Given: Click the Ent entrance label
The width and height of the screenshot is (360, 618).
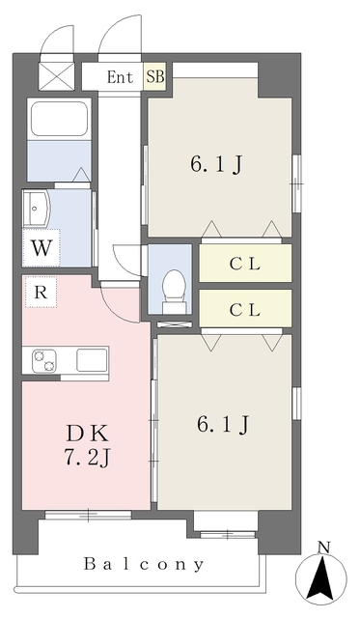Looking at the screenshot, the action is pyautogui.click(x=120, y=77).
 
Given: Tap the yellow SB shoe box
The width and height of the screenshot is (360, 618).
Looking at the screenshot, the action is pyautogui.click(x=154, y=76).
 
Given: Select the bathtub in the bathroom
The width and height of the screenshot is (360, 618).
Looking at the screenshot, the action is pyautogui.click(x=59, y=119).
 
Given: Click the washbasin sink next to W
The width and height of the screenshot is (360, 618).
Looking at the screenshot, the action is pyautogui.click(x=37, y=209).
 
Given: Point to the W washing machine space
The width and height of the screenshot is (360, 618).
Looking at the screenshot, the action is pyautogui.click(x=42, y=248).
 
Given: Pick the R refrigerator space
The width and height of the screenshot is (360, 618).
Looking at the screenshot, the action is pyautogui.click(x=41, y=292).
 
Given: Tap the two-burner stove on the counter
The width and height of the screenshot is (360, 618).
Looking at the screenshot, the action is pyautogui.click(x=44, y=361).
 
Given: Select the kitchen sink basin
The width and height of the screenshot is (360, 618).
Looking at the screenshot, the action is pyautogui.click(x=92, y=360).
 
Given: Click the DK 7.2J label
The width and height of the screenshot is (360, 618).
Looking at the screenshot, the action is pyautogui.click(x=87, y=445).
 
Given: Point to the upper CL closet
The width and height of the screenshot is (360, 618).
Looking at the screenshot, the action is pyautogui.click(x=245, y=264).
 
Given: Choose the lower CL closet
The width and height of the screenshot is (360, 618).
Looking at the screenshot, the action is pyautogui.click(x=245, y=309).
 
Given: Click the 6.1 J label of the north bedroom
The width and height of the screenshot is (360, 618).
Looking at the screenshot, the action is pyautogui.click(x=216, y=165).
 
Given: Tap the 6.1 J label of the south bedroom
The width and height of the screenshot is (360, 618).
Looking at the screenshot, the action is pyautogui.click(x=223, y=425).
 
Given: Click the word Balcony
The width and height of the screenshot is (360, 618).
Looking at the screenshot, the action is pyautogui.click(x=144, y=564).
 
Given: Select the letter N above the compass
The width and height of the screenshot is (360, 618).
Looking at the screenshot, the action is pyautogui.click(x=323, y=548).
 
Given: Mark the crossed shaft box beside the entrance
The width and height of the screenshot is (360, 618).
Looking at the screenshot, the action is pyautogui.click(x=57, y=77).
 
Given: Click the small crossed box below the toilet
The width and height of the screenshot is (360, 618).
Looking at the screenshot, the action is pyautogui.click(x=175, y=324).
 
